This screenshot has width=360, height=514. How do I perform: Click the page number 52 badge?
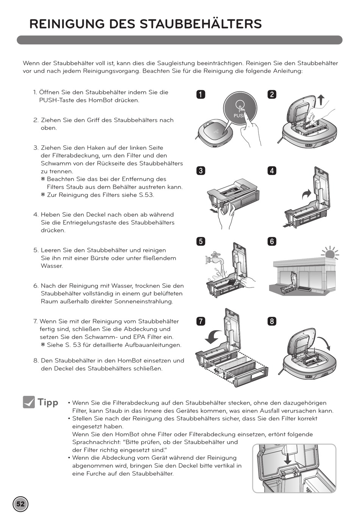(20, 504)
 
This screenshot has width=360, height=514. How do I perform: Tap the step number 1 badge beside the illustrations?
(200, 94)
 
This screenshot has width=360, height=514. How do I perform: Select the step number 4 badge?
(272, 170)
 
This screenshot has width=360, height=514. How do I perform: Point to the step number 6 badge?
(272, 241)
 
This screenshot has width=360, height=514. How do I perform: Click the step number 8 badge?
(272, 321)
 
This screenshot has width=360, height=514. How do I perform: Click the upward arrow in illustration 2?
(321, 100)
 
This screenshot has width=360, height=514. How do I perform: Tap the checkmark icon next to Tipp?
(29, 402)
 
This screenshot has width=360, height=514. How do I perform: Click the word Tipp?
(48, 402)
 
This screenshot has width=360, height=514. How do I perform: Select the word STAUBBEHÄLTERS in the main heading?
(200, 24)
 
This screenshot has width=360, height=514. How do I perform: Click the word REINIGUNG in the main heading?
(67, 24)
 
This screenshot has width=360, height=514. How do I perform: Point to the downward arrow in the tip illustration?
(288, 458)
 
